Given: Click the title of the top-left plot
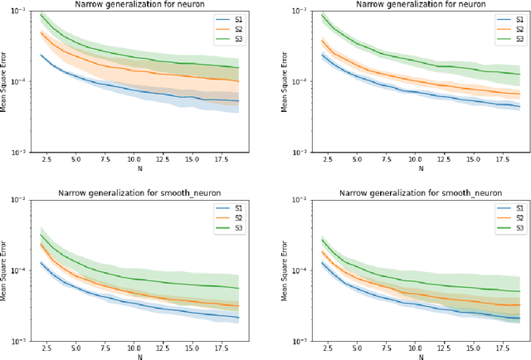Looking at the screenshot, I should click(132, 5).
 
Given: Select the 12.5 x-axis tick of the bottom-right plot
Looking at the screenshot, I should click(446, 347).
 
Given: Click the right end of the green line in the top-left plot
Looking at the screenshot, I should click(238, 68).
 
